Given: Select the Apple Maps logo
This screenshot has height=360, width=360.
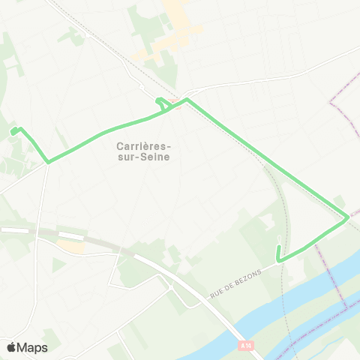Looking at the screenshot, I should (x=26, y=347).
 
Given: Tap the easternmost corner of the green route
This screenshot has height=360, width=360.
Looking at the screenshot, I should (x=347, y=218).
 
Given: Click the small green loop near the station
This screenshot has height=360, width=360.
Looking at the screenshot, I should (x=161, y=104).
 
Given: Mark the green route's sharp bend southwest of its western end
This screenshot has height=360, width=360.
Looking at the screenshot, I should (x=48, y=161).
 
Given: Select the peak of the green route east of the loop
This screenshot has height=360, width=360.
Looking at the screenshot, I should (x=187, y=100).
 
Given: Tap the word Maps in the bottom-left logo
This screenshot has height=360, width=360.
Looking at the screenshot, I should (x=33, y=347).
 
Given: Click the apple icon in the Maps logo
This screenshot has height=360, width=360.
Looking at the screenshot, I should (x=12, y=346).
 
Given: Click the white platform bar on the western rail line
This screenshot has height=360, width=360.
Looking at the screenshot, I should (x=15, y=230).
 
